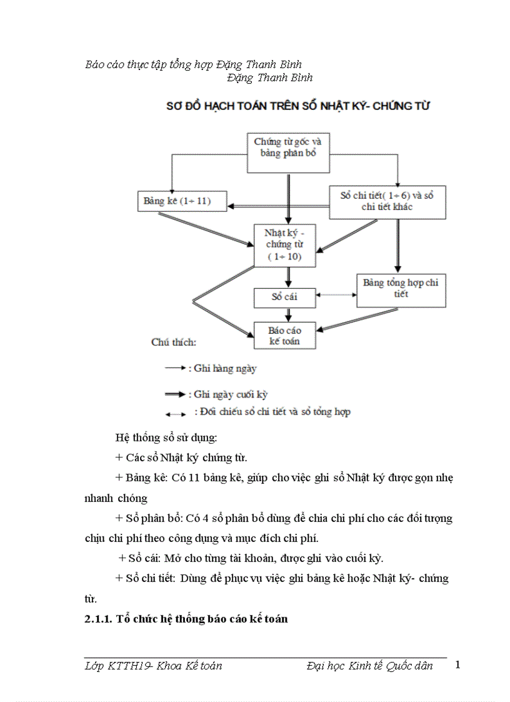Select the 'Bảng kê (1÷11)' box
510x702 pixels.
click(177, 201)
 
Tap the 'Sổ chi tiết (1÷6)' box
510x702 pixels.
click(387, 201)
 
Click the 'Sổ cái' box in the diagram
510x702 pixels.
click(284, 298)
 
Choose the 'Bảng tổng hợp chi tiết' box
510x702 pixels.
click(401, 289)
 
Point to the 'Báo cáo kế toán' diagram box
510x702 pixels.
click(284, 335)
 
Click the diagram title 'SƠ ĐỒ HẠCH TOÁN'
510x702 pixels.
click(297, 106)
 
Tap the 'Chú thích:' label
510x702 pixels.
click(174, 342)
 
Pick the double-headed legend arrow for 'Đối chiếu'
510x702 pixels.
click(175, 413)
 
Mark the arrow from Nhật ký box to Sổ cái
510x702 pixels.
click(289, 277)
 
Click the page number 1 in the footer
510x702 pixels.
click(457, 664)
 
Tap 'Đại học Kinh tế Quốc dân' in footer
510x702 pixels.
click(370, 666)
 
